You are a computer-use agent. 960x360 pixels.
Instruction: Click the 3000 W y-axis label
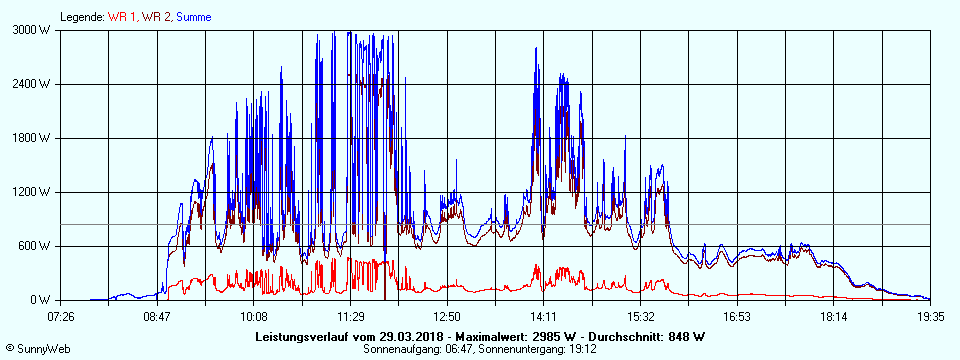32,30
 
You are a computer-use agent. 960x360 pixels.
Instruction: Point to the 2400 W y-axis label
32,84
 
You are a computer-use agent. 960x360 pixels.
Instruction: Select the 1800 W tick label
32,138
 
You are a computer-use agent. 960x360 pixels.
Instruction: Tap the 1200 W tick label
32,192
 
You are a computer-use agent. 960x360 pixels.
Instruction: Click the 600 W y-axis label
35,246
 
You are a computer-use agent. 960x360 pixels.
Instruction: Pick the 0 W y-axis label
41,300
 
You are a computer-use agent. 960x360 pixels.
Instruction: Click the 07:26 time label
61,317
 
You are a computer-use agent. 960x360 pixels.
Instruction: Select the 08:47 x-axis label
157,317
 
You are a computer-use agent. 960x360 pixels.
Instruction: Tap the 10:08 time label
254,317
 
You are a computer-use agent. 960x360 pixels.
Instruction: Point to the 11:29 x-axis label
350,317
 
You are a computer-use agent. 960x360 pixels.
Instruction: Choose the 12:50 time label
447,317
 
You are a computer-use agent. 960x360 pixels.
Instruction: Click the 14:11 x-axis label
543,317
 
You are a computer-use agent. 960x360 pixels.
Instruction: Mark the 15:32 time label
640,317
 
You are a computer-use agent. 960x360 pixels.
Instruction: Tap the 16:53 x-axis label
736,317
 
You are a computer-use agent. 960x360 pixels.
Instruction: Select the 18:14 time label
833,317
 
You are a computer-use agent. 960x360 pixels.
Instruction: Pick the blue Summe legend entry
193,17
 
